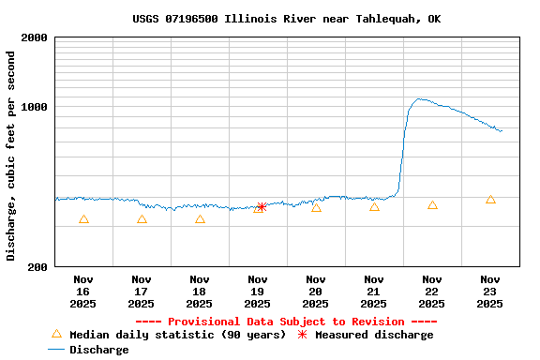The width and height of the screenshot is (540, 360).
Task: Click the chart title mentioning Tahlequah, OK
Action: (286, 19)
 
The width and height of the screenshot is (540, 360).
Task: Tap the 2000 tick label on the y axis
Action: (36, 37)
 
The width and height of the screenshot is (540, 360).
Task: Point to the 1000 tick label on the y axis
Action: (36, 107)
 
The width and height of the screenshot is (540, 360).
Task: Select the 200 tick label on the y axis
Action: (38, 267)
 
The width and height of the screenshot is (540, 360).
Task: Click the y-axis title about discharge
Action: (11, 156)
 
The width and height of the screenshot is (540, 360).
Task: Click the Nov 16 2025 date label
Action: (83, 291)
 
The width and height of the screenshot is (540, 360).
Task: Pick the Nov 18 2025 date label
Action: (200, 291)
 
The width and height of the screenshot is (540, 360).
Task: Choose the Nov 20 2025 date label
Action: (316, 291)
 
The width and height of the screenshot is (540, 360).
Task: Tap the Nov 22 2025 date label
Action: (432, 291)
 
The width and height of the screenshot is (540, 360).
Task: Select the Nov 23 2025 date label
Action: (490, 291)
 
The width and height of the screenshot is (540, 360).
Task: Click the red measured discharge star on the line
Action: (262, 207)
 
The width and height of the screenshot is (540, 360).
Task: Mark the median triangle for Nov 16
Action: (83, 219)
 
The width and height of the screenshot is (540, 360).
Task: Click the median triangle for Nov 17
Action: (142, 219)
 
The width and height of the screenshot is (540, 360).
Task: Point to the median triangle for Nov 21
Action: (374, 207)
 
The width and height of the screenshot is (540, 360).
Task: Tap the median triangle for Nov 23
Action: (490, 200)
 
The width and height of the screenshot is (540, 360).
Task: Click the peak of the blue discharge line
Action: (420, 98)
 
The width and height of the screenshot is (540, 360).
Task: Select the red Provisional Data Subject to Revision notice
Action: (286, 322)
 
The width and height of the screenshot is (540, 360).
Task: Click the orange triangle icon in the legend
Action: (56, 334)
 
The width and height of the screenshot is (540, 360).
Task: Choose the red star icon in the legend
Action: (302, 335)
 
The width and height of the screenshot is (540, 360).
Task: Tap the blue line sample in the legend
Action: (56, 350)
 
